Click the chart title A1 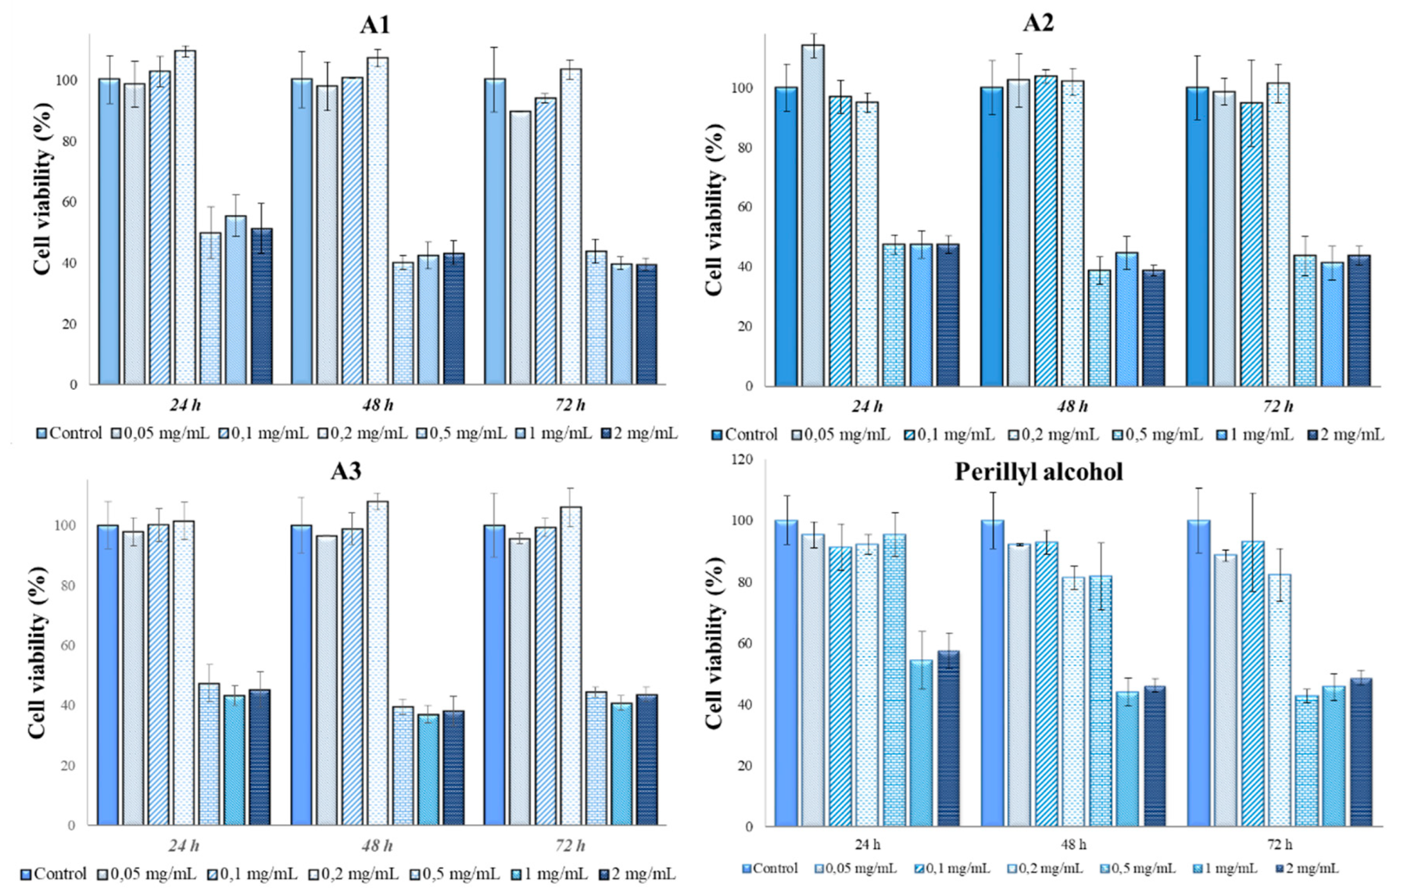coord(375,24)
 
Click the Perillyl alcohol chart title coord(1038,472)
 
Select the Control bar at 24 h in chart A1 coord(109,232)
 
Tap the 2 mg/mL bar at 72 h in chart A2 coord(1359,321)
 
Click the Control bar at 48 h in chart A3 coord(301,675)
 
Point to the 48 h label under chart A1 coord(378,405)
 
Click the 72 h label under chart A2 coord(1278,407)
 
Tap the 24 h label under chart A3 coord(184,845)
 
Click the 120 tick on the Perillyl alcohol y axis coord(742,459)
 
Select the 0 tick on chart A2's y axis coord(749,386)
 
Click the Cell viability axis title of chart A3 coord(37,652)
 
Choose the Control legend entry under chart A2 coord(744,435)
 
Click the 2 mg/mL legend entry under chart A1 coord(639,433)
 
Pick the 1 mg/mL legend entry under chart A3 coord(550,874)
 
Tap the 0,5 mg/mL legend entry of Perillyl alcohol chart coord(1137,869)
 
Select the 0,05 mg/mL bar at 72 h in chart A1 coord(520,248)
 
